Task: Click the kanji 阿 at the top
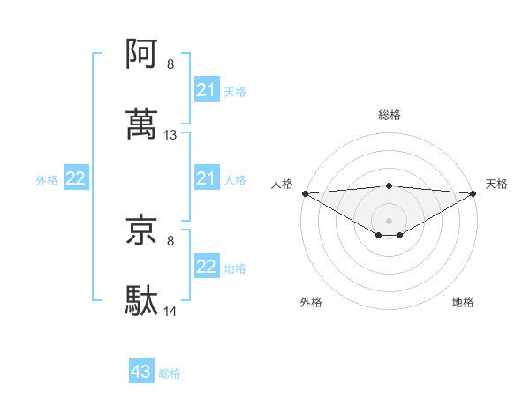[142, 56]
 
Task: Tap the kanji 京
[142, 230]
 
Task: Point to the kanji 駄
[142, 301]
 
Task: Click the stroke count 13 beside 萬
[170, 135]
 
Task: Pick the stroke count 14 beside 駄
[170, 312]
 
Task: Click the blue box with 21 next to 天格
[206, 90]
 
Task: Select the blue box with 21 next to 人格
[206, 179]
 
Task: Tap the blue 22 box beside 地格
[206, 268]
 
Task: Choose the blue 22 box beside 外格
[76, 179]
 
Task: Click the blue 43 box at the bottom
[141, 373]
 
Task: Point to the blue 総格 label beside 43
[170, 373]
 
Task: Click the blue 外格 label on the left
[47, 180]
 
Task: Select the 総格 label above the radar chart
[389, 115]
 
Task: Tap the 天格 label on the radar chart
[497, 184]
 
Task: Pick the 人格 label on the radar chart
[282, 184]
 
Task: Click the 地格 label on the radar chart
[463, 302]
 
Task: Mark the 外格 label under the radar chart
[311, 302]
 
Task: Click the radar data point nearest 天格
[473, 193]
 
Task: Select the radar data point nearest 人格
[305, 193]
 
